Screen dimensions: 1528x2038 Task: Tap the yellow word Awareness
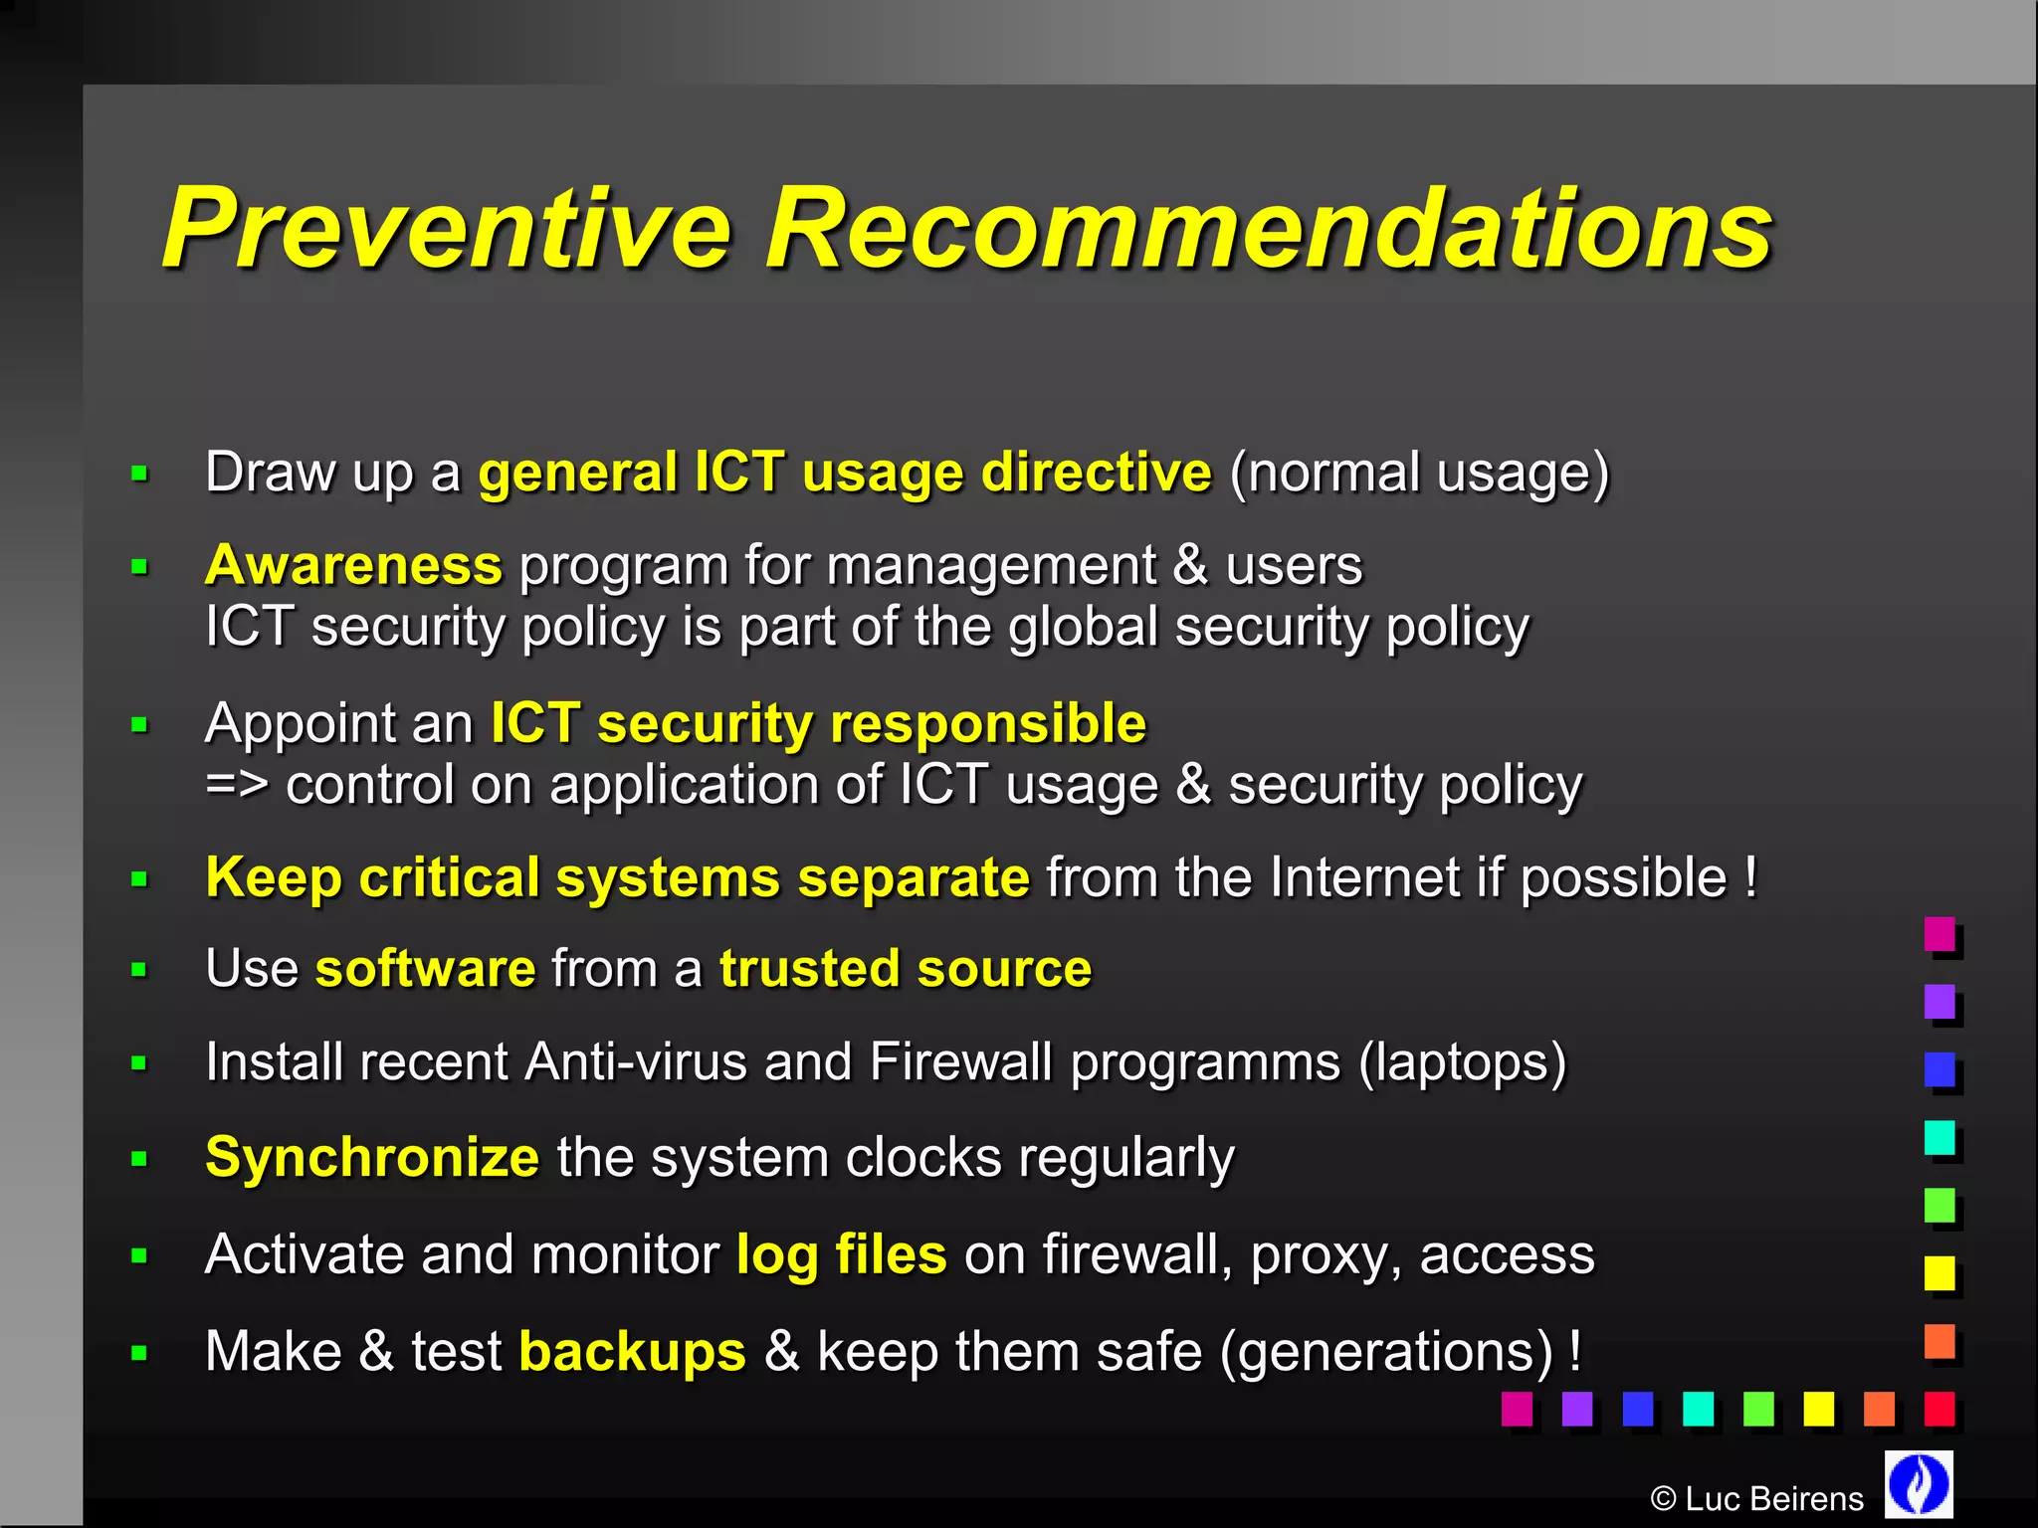[x=353, y=565]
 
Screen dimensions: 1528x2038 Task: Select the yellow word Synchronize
[x=372, y=1158]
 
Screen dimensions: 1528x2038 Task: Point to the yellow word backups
[x=632, y=1352]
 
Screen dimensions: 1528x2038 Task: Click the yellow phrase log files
[x=841, y=1254]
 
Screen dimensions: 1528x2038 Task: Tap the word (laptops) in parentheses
[x=1462, y=1061]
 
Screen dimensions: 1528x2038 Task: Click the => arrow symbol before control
[x=237, y=785]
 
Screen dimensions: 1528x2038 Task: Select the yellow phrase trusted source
[x=906, y=969]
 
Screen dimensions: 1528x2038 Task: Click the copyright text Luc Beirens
[x=1756, y=1499]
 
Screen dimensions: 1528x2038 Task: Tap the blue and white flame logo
[x=1919, y=1484]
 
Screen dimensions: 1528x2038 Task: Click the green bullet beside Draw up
[x=139, y=474]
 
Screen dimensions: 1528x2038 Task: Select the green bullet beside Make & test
[x=139, y=1353]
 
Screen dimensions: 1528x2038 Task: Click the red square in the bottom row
[x=1938, y=1408]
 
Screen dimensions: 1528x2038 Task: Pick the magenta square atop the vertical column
[x=1938, y=933]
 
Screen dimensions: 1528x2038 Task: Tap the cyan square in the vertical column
[x=1938, y=1137]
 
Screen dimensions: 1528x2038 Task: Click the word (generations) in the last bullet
[x=1386, y=1352]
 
